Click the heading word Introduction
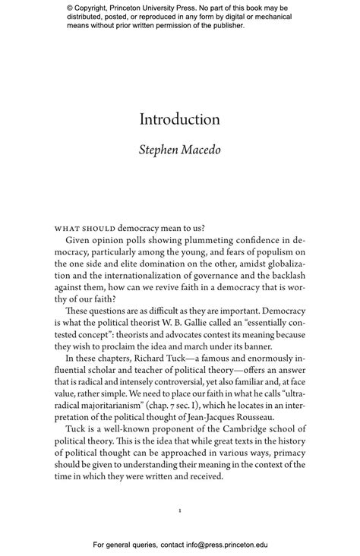pyautogui.click(x=179, y=119)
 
